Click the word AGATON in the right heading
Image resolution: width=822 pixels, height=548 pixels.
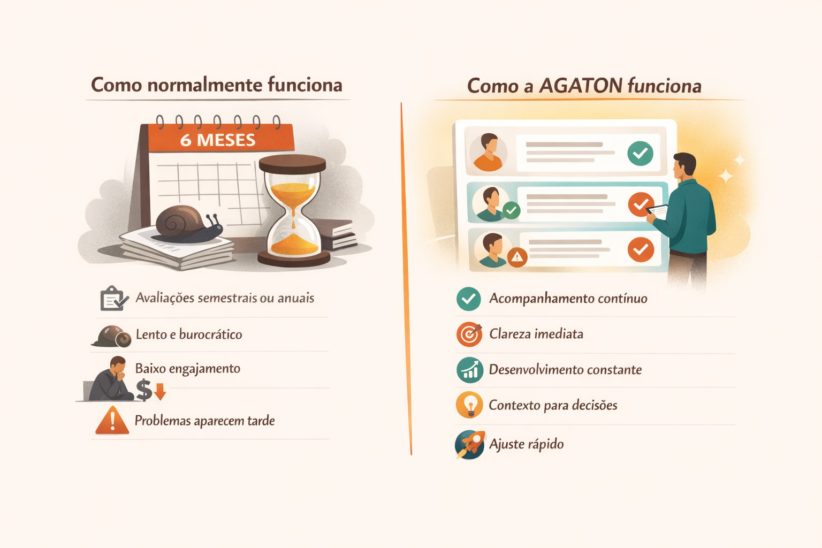pyautogui.click(x=581, y=86)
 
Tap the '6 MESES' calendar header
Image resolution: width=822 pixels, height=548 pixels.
pyautogui.click(x=218, y=140)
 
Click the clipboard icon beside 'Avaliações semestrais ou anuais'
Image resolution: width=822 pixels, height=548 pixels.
pyautogui.click(x=113, y=298)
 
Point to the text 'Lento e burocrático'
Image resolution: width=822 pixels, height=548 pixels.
pyautogui.click(x=188, y=334)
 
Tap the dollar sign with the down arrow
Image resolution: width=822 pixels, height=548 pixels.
pyautogui.click(x=150, y=390)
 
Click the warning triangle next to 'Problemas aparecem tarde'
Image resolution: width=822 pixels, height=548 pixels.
pyautogui.click(x=112, y=420)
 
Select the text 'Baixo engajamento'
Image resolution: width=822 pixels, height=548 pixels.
pyautogui.click(x=187, y=369)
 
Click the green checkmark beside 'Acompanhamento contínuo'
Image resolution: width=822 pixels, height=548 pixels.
pyautogui.click(x=469, y=299)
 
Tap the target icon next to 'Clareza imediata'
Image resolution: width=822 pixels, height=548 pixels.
pyautogui.click(x=469, y=334)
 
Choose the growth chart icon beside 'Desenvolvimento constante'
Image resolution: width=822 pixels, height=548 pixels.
pyautogui.click(x=469, y=370)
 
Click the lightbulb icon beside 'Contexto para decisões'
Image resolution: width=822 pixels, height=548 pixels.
pyautogui.click(x=469, y=405)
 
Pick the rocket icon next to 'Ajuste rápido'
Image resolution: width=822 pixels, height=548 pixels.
pyautogui.click(x=469, y=444)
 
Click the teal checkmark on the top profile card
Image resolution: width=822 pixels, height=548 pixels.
pyautogui.click(x=640, y=154)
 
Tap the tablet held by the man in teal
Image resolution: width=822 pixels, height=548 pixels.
pyautogui.click(x=658, y=211)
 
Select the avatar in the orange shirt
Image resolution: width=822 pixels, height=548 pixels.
pyautogui.click(x=488, y=153)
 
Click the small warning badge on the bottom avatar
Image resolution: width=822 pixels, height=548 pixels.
pyautogui.click(x=516, y=257)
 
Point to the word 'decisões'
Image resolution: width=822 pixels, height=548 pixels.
pyautogui.click(x=595, y=405)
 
